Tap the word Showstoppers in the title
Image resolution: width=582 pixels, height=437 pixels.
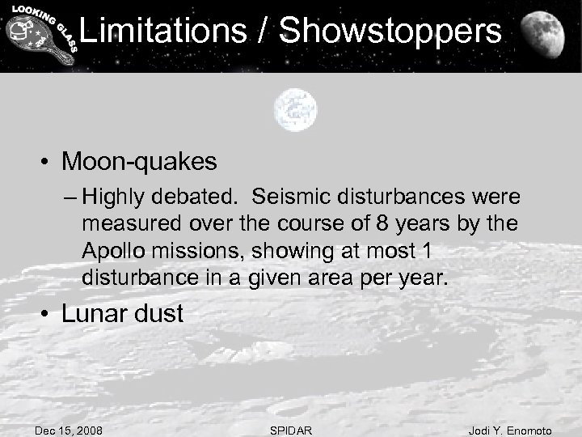coord(392,32)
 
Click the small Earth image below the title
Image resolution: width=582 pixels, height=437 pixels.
coord(294,108)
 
